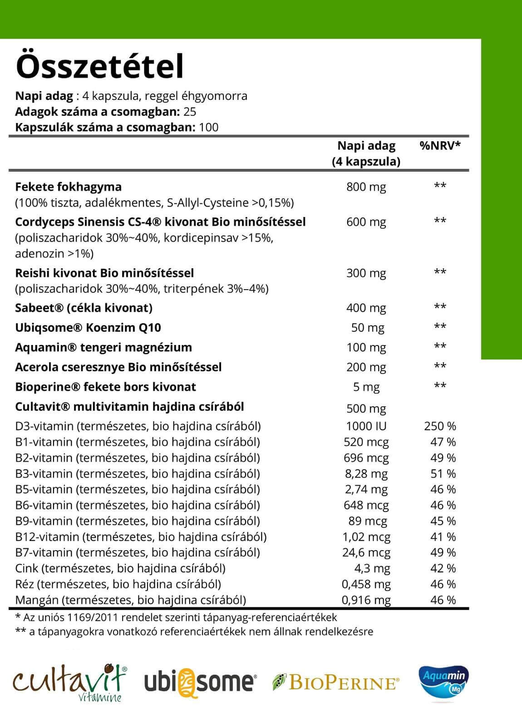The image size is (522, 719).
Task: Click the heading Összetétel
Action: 100,66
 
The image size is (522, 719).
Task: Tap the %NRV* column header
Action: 440,146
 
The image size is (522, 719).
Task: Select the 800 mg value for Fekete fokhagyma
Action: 366,187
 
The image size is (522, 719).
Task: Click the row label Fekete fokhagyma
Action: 68,187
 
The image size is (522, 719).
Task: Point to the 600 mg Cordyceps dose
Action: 366,222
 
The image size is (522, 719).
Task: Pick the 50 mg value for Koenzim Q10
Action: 368,328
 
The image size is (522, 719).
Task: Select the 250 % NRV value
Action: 440,426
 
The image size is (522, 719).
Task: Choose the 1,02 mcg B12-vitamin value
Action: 366,537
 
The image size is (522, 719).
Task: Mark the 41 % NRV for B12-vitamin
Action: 443,537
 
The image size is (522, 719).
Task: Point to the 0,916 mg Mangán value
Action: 366,600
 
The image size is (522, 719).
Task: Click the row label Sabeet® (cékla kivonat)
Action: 84,308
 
